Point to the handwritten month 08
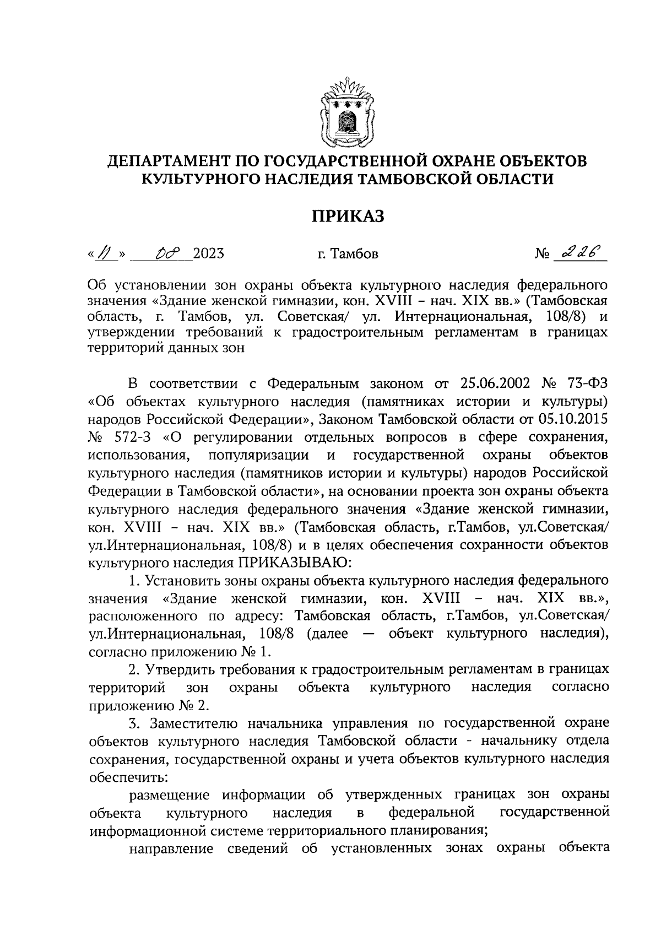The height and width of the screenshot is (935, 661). click(165, 253)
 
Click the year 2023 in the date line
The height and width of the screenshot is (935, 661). click(208, 254)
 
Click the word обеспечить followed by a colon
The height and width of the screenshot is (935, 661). click(128, 777)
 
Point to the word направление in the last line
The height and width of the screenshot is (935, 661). click(171, 849)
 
